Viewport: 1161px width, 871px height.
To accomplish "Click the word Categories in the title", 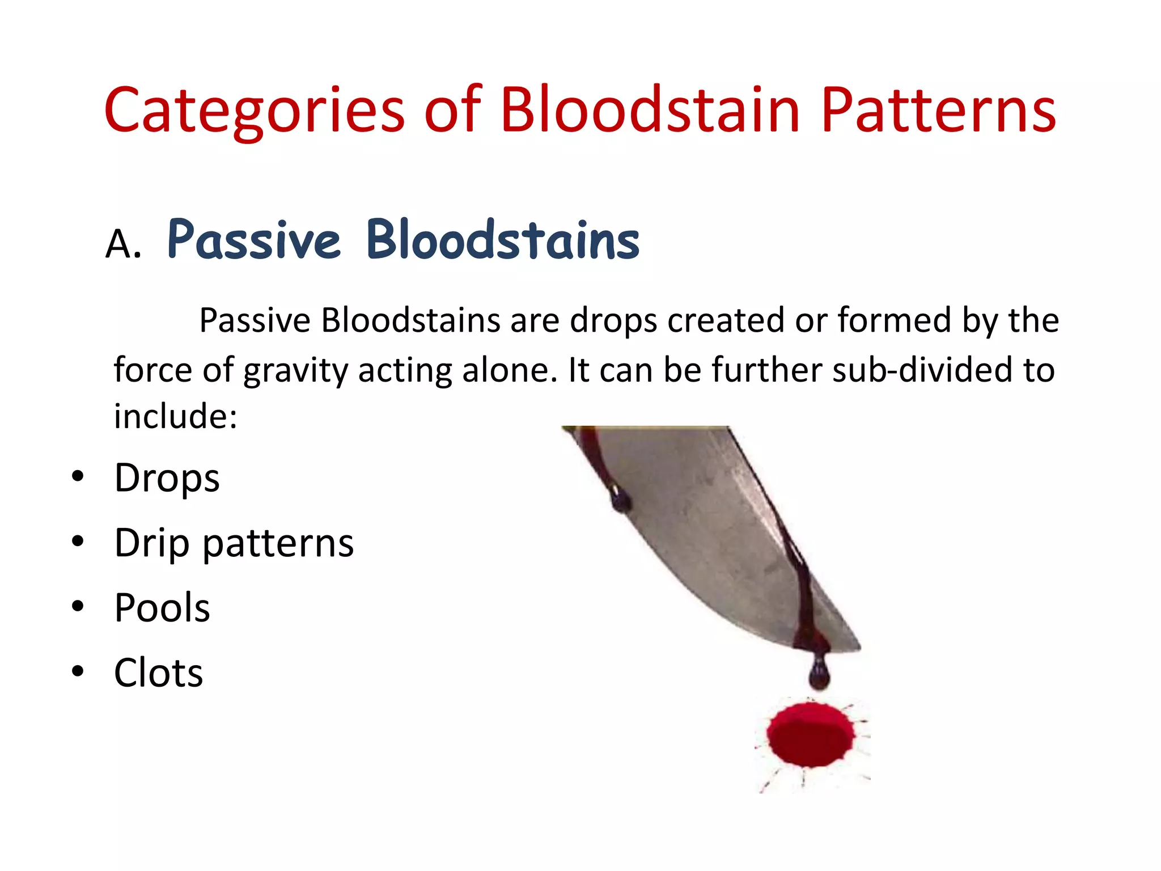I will [254, 111].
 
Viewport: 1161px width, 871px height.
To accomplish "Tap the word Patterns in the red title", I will [938, 111].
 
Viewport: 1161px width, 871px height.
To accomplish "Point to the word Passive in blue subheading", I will [254, 240].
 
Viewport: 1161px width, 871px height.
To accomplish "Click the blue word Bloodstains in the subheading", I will [503, 240].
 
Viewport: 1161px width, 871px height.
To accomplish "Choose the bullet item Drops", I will [167, 478].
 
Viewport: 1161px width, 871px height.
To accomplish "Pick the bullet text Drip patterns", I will [234, 543].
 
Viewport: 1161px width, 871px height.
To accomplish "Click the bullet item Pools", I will [162, 608].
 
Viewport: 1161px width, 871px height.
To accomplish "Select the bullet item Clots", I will [159, 673].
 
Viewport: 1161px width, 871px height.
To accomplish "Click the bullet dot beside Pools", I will [78, 606].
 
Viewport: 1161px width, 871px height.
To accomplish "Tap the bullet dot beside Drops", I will [78, 476].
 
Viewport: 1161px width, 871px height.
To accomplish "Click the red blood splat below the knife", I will [811, 734].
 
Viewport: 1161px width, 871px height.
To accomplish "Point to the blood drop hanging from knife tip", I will [819, 672].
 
